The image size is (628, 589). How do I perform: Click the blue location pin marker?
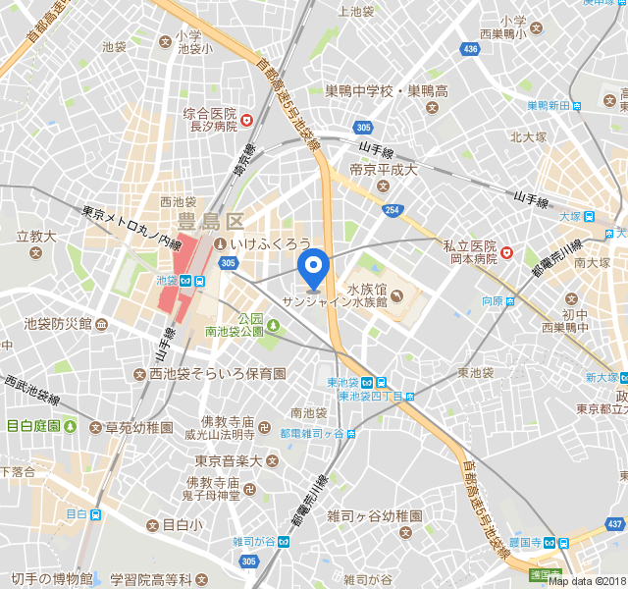point(313,266)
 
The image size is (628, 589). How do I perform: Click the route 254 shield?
point(392,209)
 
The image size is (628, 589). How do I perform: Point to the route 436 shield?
point(471,48)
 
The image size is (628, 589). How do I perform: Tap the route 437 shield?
point(615,525)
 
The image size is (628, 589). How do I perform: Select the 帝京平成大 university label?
point(384,170)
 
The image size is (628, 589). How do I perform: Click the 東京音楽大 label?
point(229,459)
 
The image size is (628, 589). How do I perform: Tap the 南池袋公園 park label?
point(234,332)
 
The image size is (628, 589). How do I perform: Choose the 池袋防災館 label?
point(58,323)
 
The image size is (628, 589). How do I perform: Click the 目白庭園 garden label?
point(34,425)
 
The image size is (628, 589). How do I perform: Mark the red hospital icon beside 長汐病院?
point(247,121)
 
